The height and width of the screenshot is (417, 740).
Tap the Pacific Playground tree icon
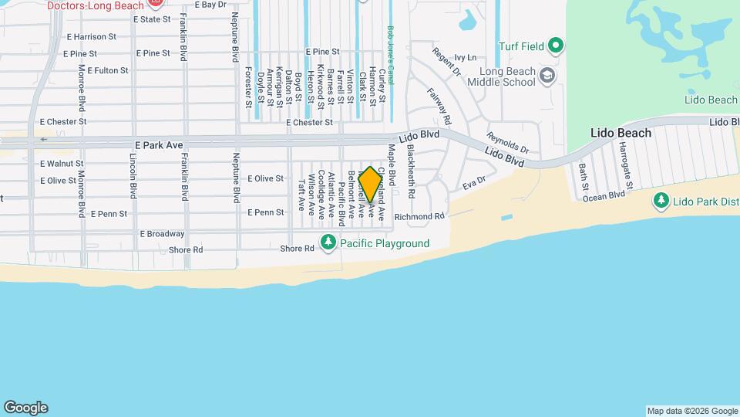click(328, 243)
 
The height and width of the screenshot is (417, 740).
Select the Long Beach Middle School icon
click(547, 75)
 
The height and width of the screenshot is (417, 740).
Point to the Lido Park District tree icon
click(661, 201)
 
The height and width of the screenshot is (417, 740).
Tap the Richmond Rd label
click(419, 217)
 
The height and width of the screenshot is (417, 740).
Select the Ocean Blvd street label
click(604, 196)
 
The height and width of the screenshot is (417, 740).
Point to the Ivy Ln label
click(466, 57)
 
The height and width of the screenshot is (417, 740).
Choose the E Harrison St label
click(91, 36)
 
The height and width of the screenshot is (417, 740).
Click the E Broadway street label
click(162, 233)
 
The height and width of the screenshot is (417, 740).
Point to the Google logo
click(25, 407)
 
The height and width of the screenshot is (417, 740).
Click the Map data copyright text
click(691, 411)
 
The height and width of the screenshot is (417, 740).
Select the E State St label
click(151, 19)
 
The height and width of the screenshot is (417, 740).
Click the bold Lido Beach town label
click(621, 133)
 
